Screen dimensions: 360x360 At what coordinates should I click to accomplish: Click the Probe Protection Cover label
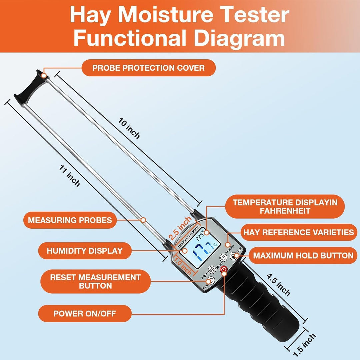point(149,68)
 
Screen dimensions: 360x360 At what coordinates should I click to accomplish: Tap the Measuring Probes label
point(70,220)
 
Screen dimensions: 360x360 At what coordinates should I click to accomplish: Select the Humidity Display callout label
point(85,251)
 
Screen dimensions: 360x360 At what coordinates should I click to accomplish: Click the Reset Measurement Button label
point(96,281)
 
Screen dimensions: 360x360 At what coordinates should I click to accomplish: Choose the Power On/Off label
point(85,313)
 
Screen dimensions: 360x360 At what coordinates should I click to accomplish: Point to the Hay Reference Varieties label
point(298,232)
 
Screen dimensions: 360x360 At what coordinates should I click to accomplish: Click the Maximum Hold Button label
point(303,256)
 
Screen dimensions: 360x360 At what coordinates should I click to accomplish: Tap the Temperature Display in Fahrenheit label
point(285,206)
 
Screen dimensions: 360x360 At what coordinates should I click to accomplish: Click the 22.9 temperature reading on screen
point(200,236)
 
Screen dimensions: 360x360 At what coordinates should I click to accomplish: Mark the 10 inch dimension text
point(129,128)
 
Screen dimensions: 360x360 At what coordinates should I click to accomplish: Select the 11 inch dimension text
point(69,176)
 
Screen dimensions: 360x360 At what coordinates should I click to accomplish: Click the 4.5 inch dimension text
point(278,285)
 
